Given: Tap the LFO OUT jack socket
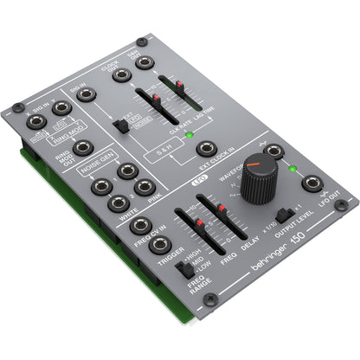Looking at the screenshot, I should [312, 183].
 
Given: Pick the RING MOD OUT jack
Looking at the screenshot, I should [82, 147].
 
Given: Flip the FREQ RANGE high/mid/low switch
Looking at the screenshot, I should [187, 271].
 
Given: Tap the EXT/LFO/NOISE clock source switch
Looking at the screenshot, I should [123, 126].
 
